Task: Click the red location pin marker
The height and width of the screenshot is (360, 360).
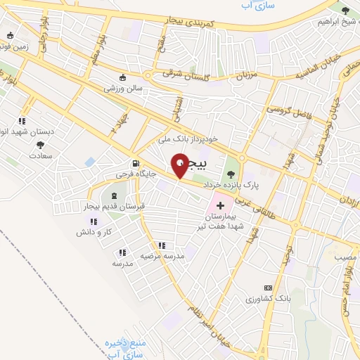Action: pos(181,166)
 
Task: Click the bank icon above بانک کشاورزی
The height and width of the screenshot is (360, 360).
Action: pos(268,288)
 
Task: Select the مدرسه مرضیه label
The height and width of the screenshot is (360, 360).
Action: pos(165,257)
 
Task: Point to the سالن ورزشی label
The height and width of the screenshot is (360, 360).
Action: pos(123,89)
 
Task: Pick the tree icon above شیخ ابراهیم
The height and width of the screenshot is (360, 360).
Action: pos(345,10)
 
